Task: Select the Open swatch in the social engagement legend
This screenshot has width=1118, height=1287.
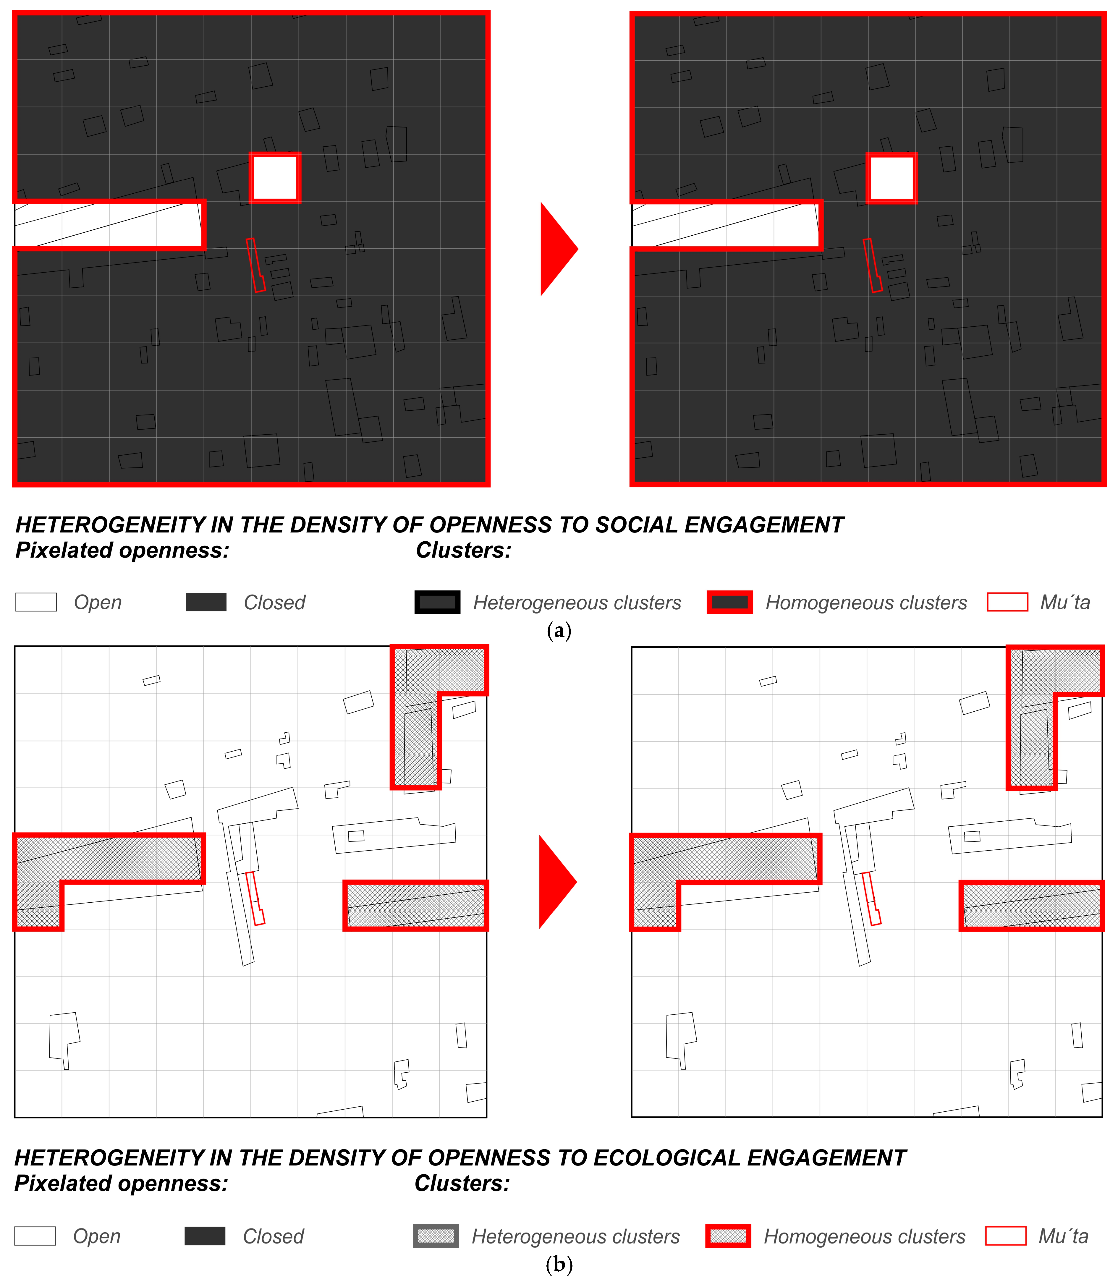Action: click(x=36, y=602)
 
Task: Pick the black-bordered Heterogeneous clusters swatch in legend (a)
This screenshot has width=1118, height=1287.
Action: click(x=437, y=602)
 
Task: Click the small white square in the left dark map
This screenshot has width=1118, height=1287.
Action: click(x=275, y=178)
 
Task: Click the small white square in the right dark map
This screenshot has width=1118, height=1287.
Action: click(x=892, y=178)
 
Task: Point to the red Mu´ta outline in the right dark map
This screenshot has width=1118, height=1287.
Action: click(x=872, y=265)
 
